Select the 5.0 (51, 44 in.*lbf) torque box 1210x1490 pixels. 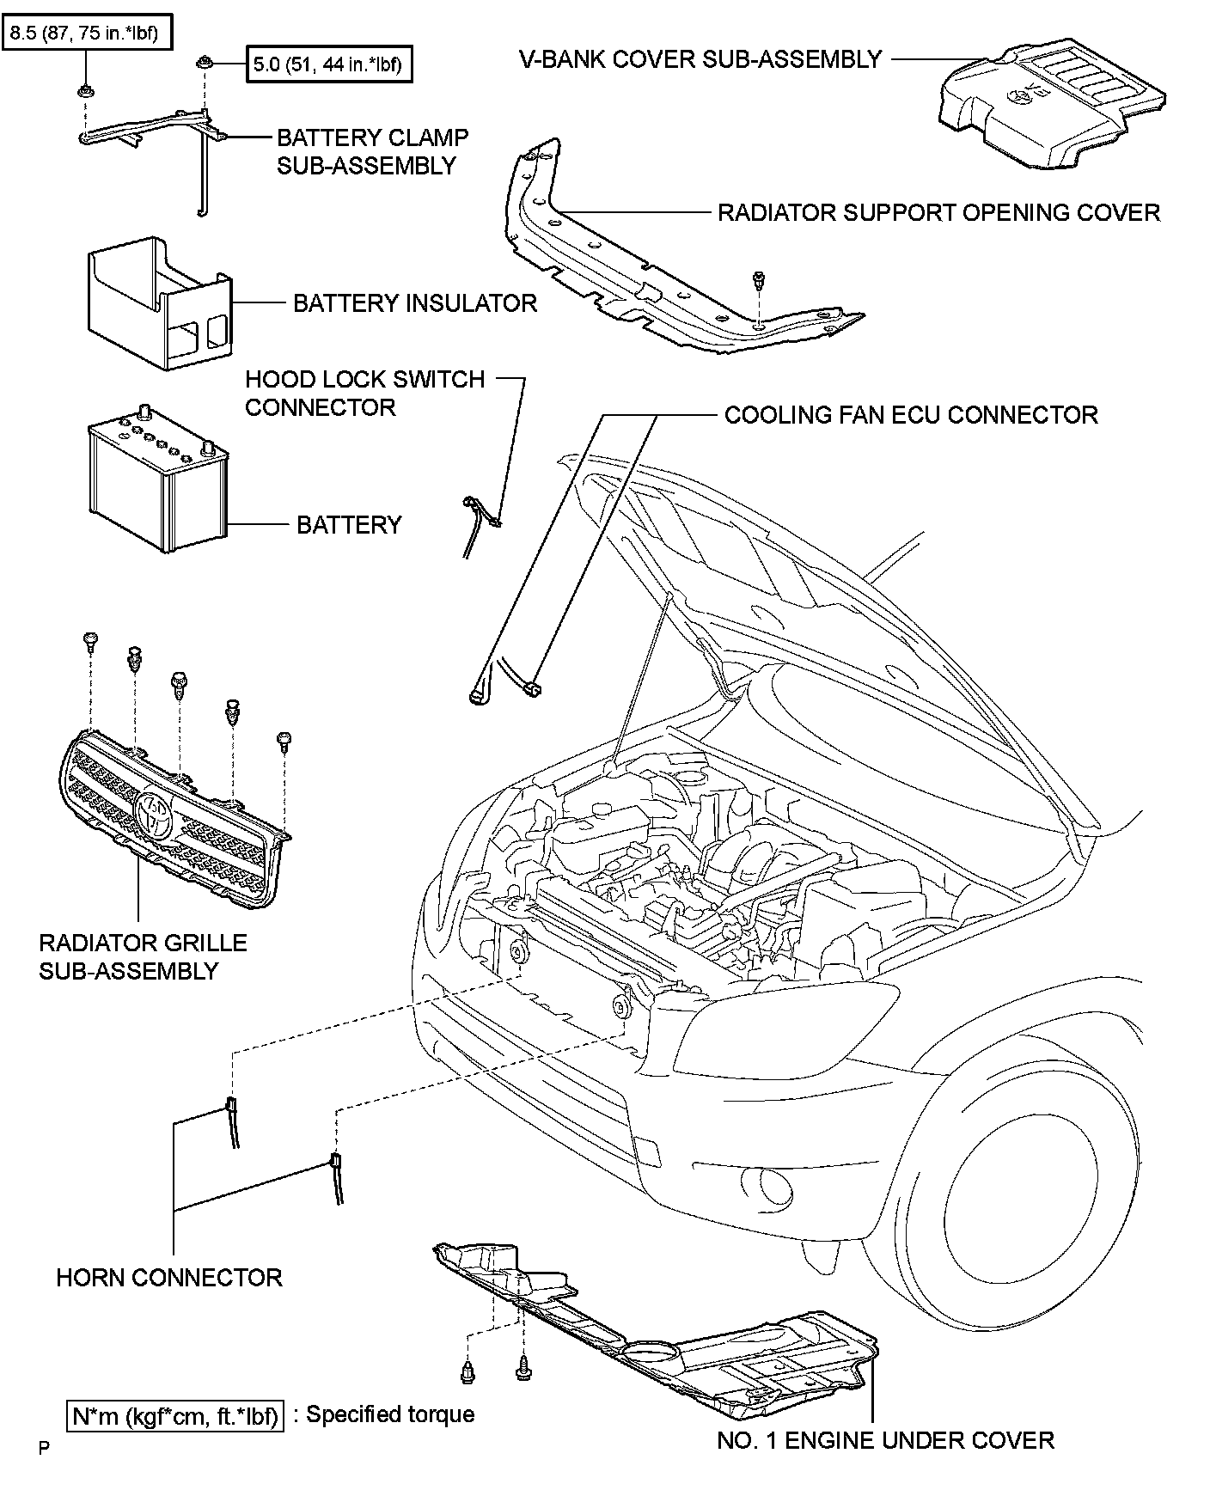[x=328, y=64]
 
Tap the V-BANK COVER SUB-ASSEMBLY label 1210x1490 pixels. [x=700, y=59]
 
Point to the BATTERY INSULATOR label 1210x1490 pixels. [x=415, y=303]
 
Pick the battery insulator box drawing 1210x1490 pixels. [x=158, y=305]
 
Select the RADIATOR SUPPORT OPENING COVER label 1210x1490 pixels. [x=938, y=212]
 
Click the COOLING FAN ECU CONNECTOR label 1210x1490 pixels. [x=911, y=415]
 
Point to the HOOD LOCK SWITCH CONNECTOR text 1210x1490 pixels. [x=364, y=393]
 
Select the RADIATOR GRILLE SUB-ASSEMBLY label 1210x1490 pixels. [x=143, y=956]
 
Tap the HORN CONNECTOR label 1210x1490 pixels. [x=169, y=1278]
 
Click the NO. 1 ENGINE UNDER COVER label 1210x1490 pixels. [x=885, y=1440]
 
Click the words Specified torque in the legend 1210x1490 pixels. [x=390, y=1414]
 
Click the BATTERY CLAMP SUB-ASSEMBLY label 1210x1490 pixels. [x=372, y=151]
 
